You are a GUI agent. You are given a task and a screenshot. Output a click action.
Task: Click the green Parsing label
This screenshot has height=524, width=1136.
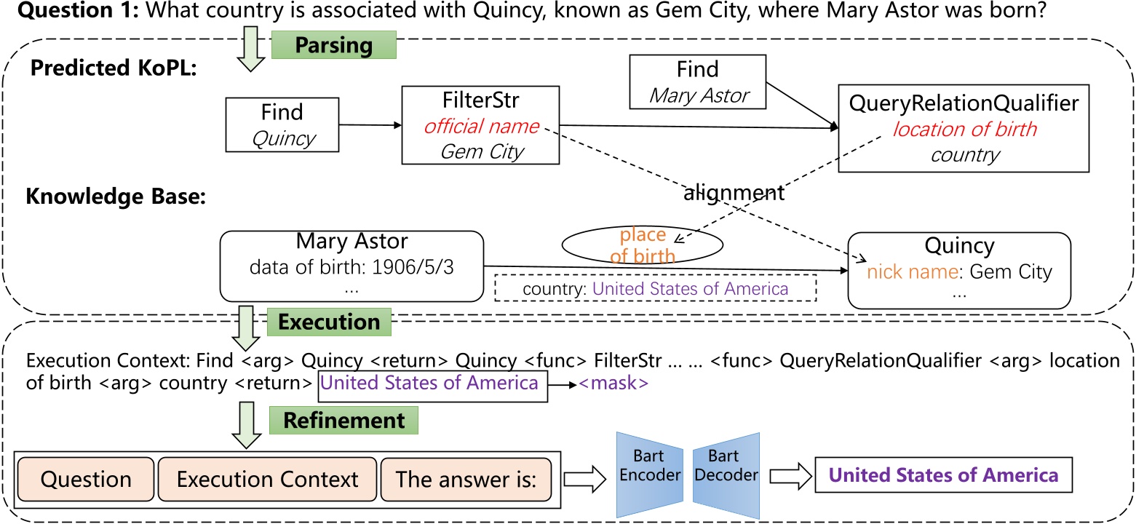pyautogui.click(x=333, y=45)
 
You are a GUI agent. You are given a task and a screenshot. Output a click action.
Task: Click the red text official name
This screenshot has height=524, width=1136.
pyautogui.click(x=481, y=127)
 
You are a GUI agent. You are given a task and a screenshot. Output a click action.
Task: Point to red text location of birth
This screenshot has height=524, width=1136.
pyautogui.click(x=964, y=130)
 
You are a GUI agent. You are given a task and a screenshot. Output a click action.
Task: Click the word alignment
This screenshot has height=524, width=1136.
pyautogui.click(x=734, y=193)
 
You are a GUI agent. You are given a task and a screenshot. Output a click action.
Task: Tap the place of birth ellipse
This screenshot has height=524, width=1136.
pyautogui.click(x=643, y=245)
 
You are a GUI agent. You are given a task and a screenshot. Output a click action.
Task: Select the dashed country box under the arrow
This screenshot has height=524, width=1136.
pyautogui.click(x=655, y=289)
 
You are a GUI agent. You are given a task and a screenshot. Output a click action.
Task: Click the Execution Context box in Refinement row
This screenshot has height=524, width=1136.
pyautogui.click(x=267, y=480)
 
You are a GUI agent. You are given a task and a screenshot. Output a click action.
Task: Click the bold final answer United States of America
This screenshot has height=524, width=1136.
pyautogui.click(x=944, y=476)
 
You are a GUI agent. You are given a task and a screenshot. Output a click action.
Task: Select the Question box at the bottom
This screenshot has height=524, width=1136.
pyautogui.click(x=86, y=480)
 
